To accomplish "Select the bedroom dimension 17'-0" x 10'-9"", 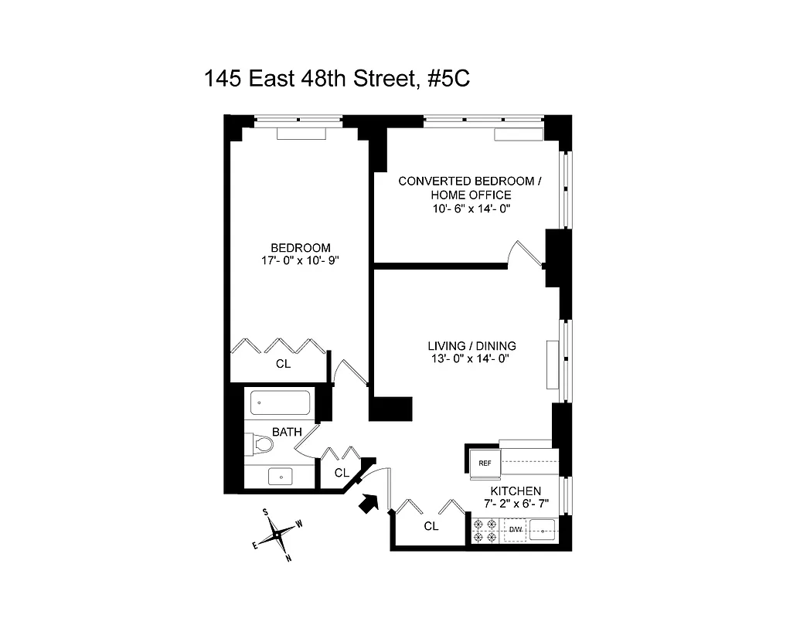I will pos(301,260).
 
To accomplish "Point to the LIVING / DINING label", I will pos(471,345).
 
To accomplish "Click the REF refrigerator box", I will pos(485,463).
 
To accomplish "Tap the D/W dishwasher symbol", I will pos(516,530).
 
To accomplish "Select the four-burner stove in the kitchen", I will pos(485,530).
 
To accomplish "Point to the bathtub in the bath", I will pos(279,402).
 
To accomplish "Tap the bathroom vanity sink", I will pos(281,477).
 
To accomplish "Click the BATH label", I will pos(286,432).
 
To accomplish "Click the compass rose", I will pos(277,534).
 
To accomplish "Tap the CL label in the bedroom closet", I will pos(283,363).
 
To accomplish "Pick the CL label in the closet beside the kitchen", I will pos(431,526).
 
